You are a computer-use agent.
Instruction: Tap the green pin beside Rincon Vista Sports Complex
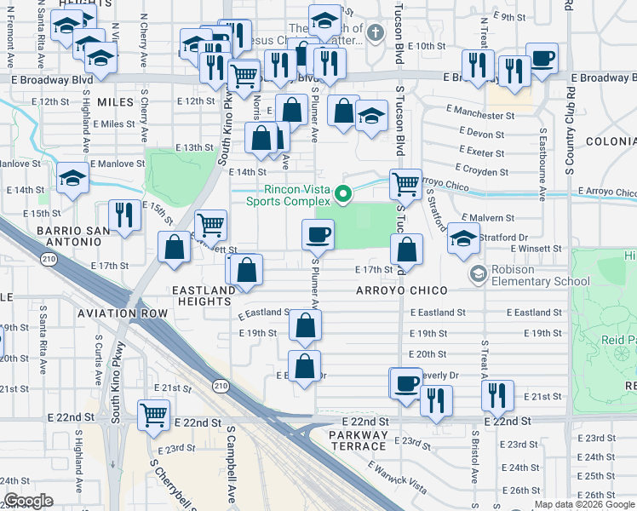point(343,195)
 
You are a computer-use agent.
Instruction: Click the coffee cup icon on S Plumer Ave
point(318,233)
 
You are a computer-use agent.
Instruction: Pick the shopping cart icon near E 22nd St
point(154,416)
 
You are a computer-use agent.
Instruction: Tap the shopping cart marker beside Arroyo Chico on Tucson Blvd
point(406,182)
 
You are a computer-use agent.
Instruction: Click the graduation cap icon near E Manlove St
point(73,179)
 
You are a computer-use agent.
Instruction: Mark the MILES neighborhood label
point(116,101)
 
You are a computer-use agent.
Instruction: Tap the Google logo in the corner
point(29,501)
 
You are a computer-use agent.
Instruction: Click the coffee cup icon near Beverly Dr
point(406,382)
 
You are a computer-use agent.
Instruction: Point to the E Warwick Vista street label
point(396,477)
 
